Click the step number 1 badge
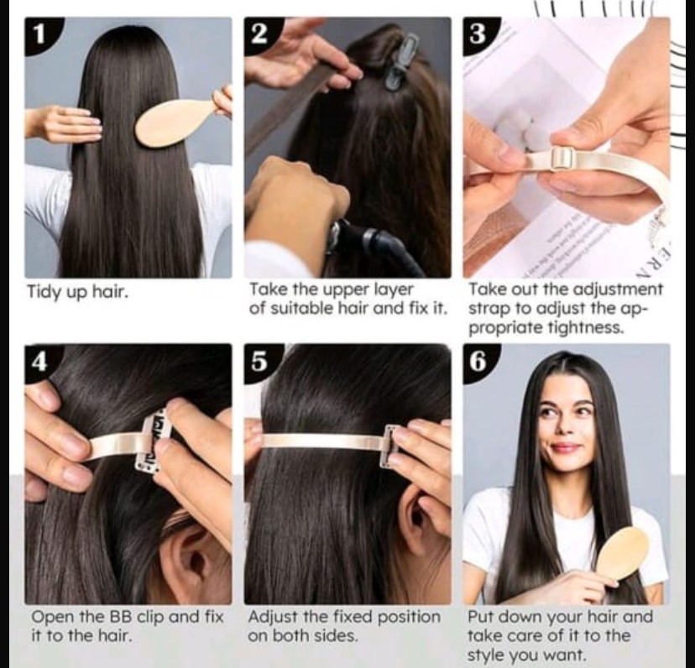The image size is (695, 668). (x=42, y=34)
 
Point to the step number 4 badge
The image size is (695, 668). (x=41, y=363)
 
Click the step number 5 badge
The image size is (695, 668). (x=260, y=363)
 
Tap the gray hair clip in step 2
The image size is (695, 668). (x=400, y=61)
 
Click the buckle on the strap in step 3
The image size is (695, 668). (x=562, y=159)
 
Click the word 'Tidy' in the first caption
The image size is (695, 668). (x=44, y=292)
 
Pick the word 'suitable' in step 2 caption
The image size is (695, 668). (x=301, y=308)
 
